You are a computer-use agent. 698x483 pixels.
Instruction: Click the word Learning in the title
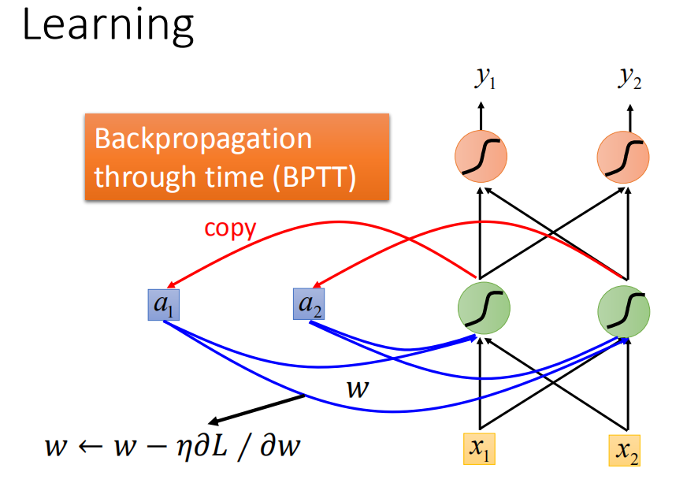(108, 27)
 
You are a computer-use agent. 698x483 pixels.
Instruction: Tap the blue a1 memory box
(164, 305)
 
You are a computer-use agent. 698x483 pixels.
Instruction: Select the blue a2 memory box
(309, 304)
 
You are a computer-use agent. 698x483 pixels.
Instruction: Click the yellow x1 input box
(479, 448)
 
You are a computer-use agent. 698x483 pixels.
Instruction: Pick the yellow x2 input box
(625, 451)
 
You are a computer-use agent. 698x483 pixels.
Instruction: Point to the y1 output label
(485, 78)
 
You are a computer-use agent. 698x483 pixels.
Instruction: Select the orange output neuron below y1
(481, 156)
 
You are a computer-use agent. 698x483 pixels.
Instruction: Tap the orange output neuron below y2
(623, 157)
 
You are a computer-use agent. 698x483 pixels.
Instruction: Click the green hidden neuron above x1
(484, 307)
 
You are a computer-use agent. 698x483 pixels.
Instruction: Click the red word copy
(230, 228)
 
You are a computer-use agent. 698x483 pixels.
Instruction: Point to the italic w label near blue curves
(358, 388)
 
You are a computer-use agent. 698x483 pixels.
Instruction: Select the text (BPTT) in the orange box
(314, 177)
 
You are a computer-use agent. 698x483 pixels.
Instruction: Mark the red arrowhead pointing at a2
(317, 284)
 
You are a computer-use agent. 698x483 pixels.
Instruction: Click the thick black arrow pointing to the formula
(256, 409)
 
